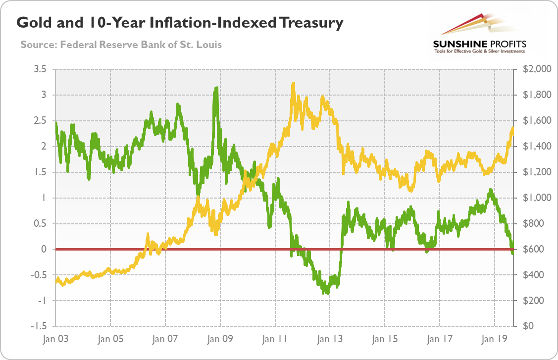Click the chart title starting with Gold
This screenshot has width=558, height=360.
pos(180,23)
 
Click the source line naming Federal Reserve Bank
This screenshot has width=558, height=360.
pos(121,45)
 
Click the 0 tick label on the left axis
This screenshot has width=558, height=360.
pos(44,250)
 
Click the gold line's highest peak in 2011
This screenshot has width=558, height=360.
pos(293,84)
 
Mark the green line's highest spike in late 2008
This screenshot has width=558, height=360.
pos(216,88)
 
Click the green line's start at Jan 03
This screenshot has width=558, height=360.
pos(56,123)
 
